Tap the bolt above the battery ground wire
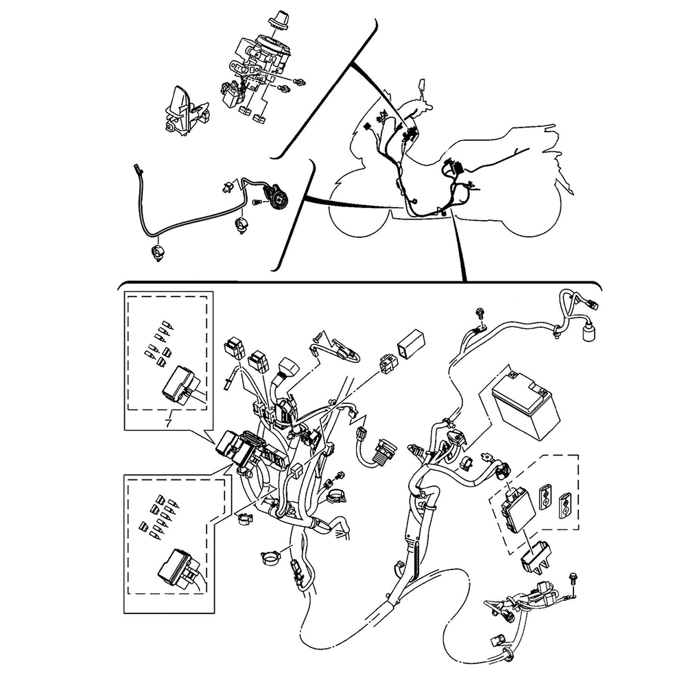tap(480, 314)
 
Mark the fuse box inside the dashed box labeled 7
tap(180, 381)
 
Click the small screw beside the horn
tap(257, 202)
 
